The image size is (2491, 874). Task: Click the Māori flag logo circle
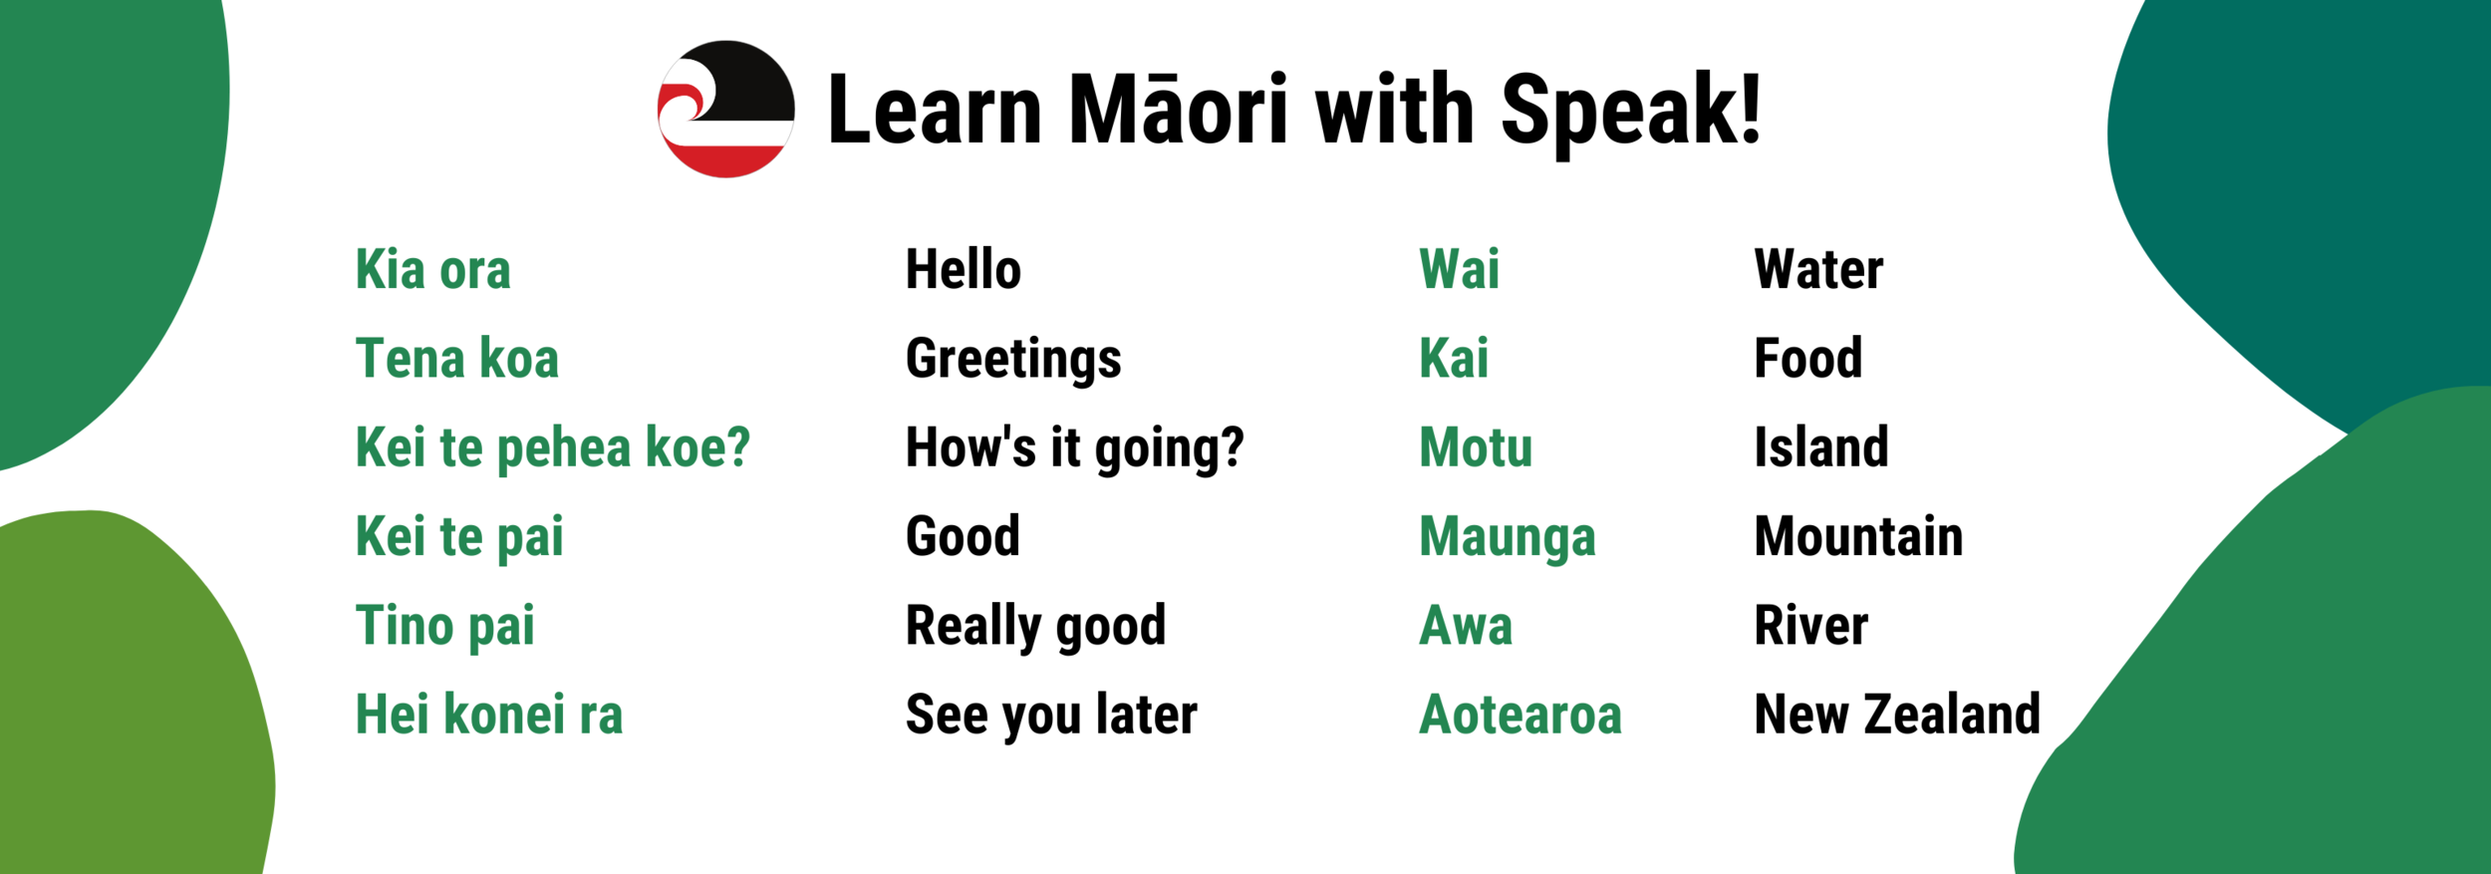pyautogui.click(x=725, y=110)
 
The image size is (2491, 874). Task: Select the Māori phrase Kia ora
pyautogui.click(x=433, y=270)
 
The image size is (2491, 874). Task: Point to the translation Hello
pyautogui.click(x=963, y=270)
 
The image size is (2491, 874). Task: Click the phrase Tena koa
pyautogui.click(x=457, y=359)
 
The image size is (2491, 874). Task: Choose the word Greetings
pyautogui.click(x=1013, y=360)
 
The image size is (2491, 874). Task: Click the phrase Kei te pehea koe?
pyautogui.click(x=553, y=447)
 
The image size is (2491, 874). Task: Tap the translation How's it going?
pyautogui.click(x=1074, y=447)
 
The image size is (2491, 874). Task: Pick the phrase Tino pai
pyautogui.click(x=445, y=626)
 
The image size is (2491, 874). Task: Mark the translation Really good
pyautogui.click(x=1035, y=626)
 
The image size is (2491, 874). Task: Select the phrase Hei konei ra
pyautogui.click(x=489, y=715)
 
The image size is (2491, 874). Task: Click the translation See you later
pyautogui.click(x=1051, y=715)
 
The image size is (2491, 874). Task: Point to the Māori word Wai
pyautogui.click(x=1459, y=269)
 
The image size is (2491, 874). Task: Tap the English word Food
pyautogui.click(x=1807, y=359)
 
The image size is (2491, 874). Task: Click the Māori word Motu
pyautogui.click(x=1476, y=447)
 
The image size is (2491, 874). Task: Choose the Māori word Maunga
pyautogui.click(x=1507, y=537)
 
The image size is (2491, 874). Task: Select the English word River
pyautogui.click(x=1810, y=626)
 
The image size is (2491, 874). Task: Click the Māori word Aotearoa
pyautogui.click(x=1521, y=715)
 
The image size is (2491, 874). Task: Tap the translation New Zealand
pyautogui.click(x=1897, y=715)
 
